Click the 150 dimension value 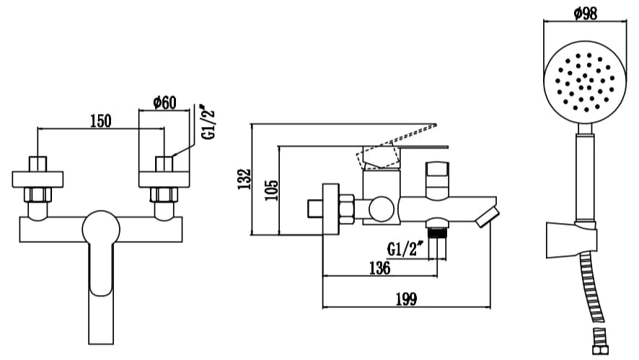click(x=100, y=120)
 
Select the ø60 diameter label click(x=164, y=102)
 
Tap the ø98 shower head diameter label click(x=585, y=13)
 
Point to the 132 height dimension click(x=244, y=179)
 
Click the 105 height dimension click(x=271, y=190)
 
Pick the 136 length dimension click(x=379, y=268)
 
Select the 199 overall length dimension click(x=406, y=299)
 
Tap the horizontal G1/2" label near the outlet click(x=405, y=248)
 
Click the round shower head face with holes click(x=585, y=82)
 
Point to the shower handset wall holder click(x=572, y=240)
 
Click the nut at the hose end click(x=600, y=350)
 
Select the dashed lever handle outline click(x=396, y=146)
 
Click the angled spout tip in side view click(x=488, y=217)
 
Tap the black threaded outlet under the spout click(x=437, y=232)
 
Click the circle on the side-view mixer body click(x=382, y=209)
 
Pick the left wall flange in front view click(x=38, y=180)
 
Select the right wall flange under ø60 click(x=164, y=180)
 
